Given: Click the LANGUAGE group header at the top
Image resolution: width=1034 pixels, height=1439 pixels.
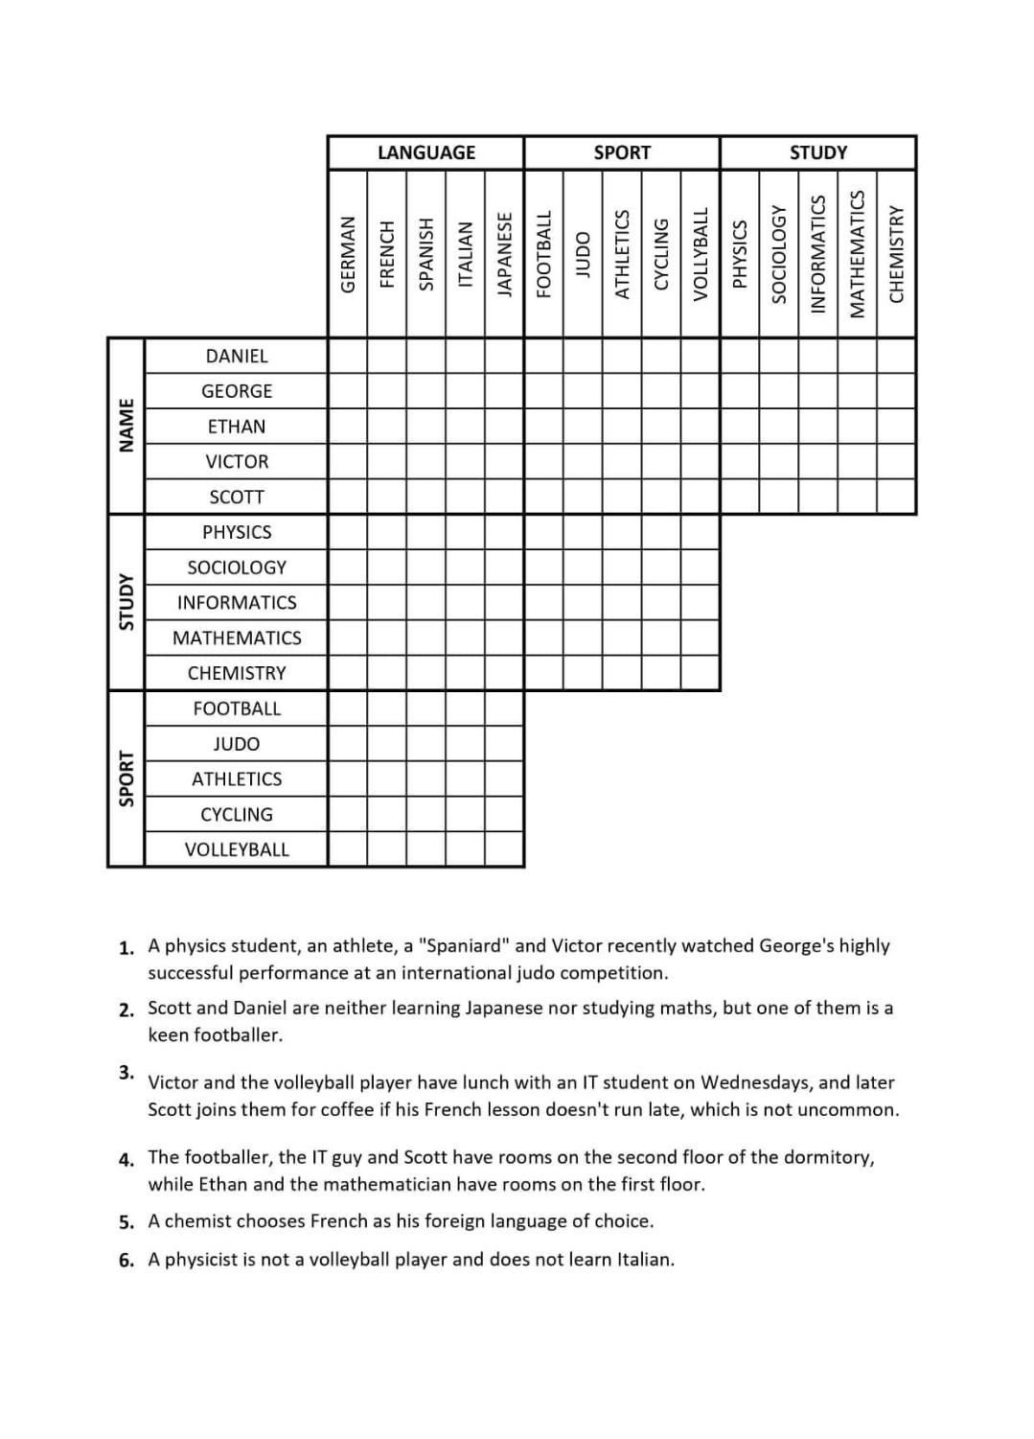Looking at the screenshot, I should (x=425, y=152).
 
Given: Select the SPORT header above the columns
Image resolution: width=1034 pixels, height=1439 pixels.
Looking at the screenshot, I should (x=622, y=152).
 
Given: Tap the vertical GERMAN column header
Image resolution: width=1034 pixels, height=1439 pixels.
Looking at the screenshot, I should (x=348, y=253).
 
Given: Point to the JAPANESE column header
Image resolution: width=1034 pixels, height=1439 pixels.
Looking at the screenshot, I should (x=504, y=254).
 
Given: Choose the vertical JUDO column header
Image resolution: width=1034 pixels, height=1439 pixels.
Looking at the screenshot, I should (x=583, y=254).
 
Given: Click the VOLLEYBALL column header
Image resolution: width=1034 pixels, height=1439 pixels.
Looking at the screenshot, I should (x=701, y=253).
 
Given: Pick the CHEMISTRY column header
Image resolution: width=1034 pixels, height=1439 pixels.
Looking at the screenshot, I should (x=896, y=254).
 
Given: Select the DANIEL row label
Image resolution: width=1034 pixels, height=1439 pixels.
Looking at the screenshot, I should (x=237, y=356).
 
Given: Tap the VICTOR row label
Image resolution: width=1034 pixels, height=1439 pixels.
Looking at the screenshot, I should (x=237, y=461).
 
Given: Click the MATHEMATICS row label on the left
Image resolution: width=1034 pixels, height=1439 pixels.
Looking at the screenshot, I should (x=237, y=638).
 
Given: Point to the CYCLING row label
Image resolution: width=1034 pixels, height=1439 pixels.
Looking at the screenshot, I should (x=237, y=814).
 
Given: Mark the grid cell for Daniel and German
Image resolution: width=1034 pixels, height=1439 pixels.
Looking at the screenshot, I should (x=348, y=356).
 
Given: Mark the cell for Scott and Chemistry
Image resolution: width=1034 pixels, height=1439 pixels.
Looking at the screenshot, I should (x=896, y=497).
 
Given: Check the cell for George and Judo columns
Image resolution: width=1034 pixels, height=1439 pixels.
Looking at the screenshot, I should (x=583, y=391).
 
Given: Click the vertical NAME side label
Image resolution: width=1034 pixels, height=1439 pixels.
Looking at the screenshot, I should (x=126, y=426).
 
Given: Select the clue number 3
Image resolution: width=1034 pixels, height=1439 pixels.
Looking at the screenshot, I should (x=126, y=1072).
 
